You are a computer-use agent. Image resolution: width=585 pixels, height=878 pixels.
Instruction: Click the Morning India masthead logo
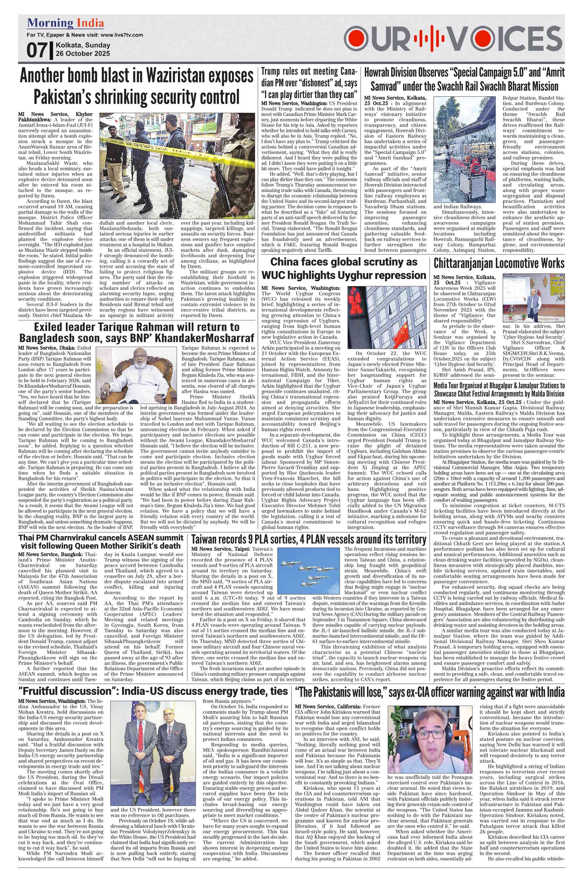tap(65, 23)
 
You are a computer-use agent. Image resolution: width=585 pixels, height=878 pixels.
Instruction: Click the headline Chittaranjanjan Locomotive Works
tap(499, 263)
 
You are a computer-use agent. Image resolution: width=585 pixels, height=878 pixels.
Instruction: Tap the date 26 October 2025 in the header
tap(83, 53)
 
